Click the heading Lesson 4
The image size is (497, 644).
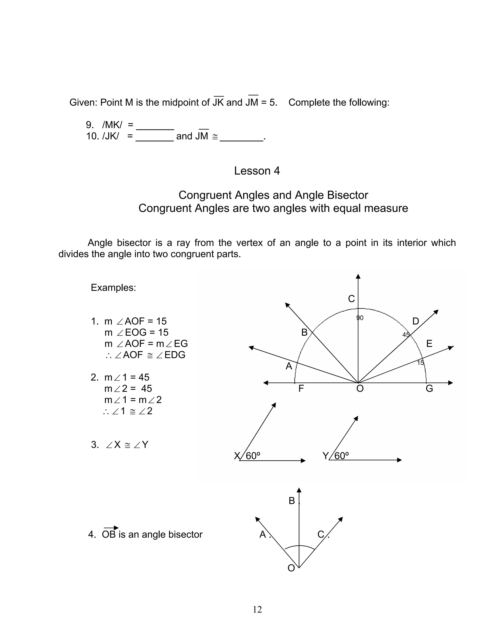tap(257, 171)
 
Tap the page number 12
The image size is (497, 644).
tap(257, 609)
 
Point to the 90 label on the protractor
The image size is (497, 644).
tap(360, 318)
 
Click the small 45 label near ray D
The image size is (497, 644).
tap(406, 335)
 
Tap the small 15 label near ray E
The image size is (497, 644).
tap(421, 363)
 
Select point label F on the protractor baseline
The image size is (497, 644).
tap(301, 389)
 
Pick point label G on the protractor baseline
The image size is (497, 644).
tap(429, 389)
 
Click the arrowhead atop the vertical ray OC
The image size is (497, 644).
tap(358, 277)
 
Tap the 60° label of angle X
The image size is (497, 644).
tap(253, 456)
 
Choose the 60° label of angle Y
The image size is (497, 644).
tap(341, 456)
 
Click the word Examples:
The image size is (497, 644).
tap(113, 287)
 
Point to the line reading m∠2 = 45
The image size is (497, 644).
tap(128, 389)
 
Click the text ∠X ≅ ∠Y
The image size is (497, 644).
tap(127, 445)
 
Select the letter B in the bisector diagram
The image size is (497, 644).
tap(292, 501)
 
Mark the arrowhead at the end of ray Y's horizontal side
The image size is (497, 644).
tap(399, 460)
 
